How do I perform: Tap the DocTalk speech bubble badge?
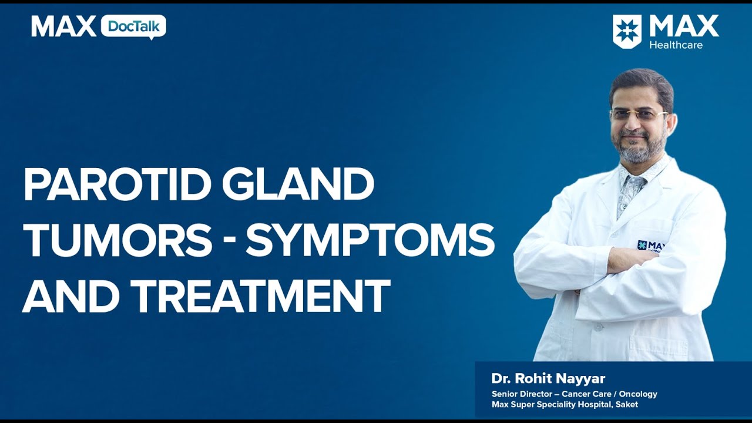coord(133,27)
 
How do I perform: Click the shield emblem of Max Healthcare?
coord(627,31)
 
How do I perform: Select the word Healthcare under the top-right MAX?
coord(676,45)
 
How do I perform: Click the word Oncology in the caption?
coord(638,394)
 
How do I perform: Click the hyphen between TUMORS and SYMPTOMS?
coord(229,242)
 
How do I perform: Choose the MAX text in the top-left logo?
coord(63,27)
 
